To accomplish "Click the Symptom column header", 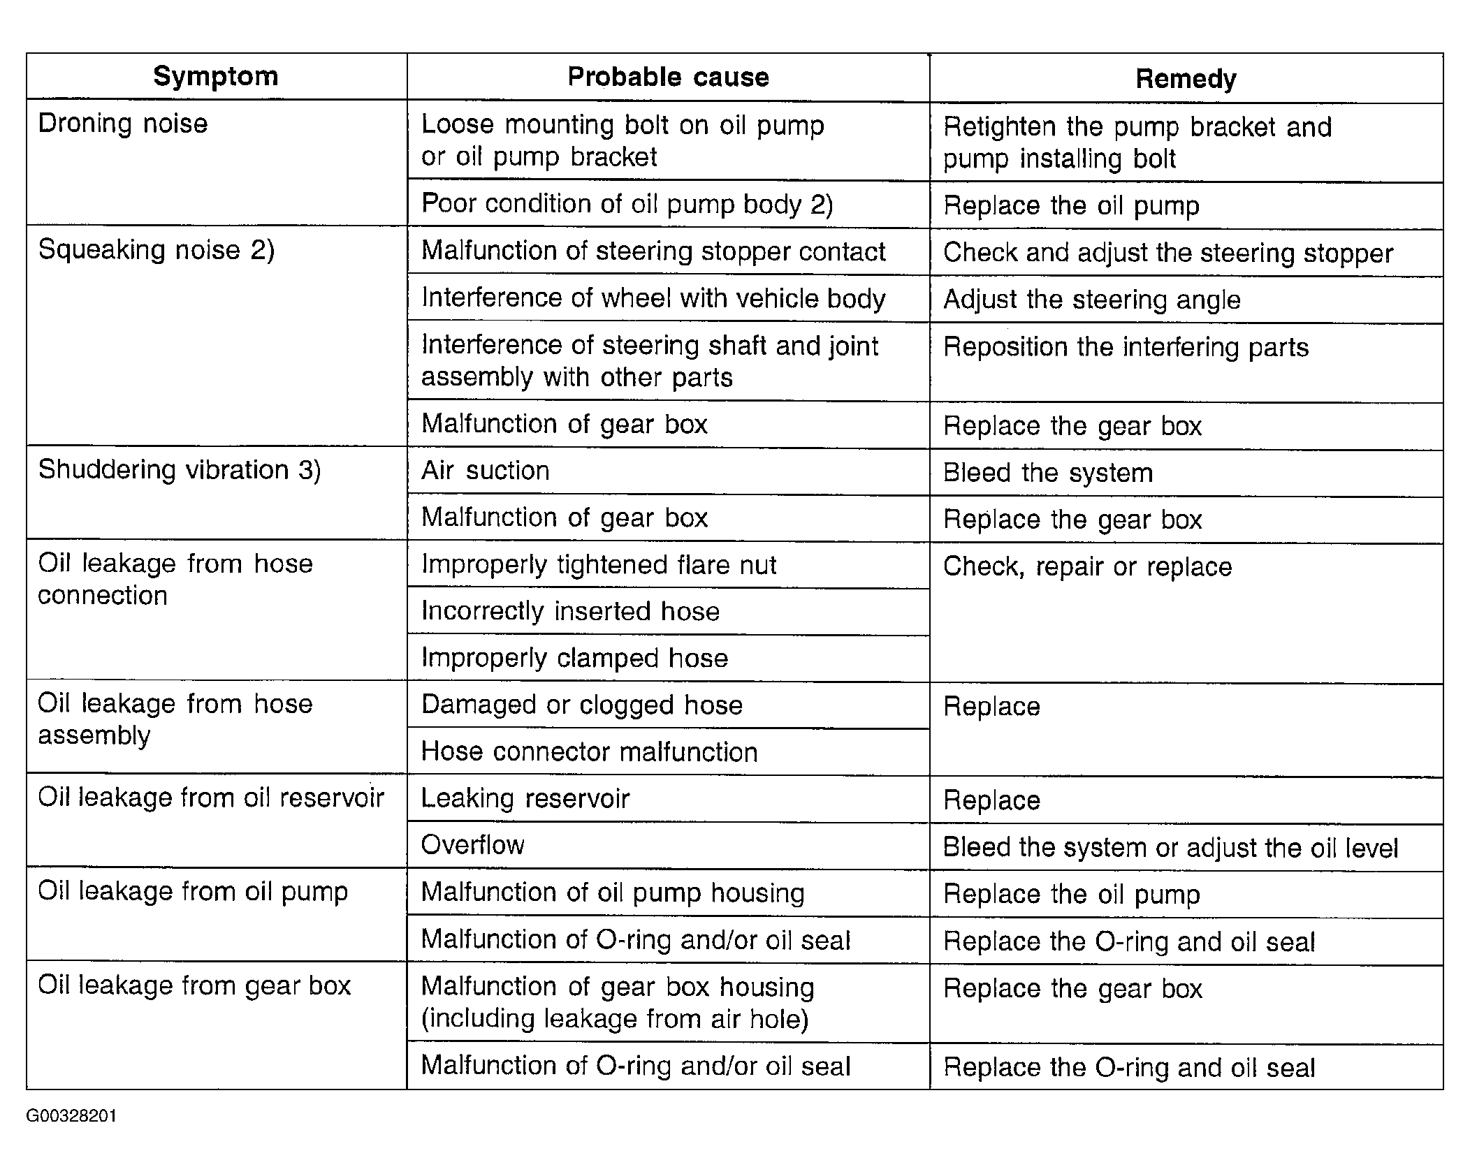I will click(x=216, y=76).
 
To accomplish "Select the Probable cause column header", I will click(x=668, y=77).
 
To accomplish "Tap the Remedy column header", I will click(x=1186, y=79).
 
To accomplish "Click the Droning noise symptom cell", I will click(x=123, y=124).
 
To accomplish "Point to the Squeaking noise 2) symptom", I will click(x=157, y=250).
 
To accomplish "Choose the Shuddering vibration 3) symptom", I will click(x=180, y=470).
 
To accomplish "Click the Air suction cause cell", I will click(x=486, y=471).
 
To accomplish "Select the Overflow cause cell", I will click(x=473, y=845).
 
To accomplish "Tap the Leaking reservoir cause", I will click(x=525, y=798).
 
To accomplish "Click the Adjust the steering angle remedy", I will click(x=1091, y=300).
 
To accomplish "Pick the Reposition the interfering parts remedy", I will click(x=1126, y=347).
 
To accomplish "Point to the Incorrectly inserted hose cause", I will click(x=570, y=611).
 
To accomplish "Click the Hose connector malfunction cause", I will click(x=589, y=752).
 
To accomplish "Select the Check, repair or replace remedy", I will click(x=1087, y=566).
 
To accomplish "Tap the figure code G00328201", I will click(x=71, y=1116).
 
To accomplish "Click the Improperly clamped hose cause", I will click(x=574, y=658).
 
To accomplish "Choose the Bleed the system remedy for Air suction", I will click(x=1047, y=473).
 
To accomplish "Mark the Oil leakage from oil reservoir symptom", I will click(x=211, y=798).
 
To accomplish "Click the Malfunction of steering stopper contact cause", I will click(x=653, y=251).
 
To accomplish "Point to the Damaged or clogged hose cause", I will click(x=581, y=705).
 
